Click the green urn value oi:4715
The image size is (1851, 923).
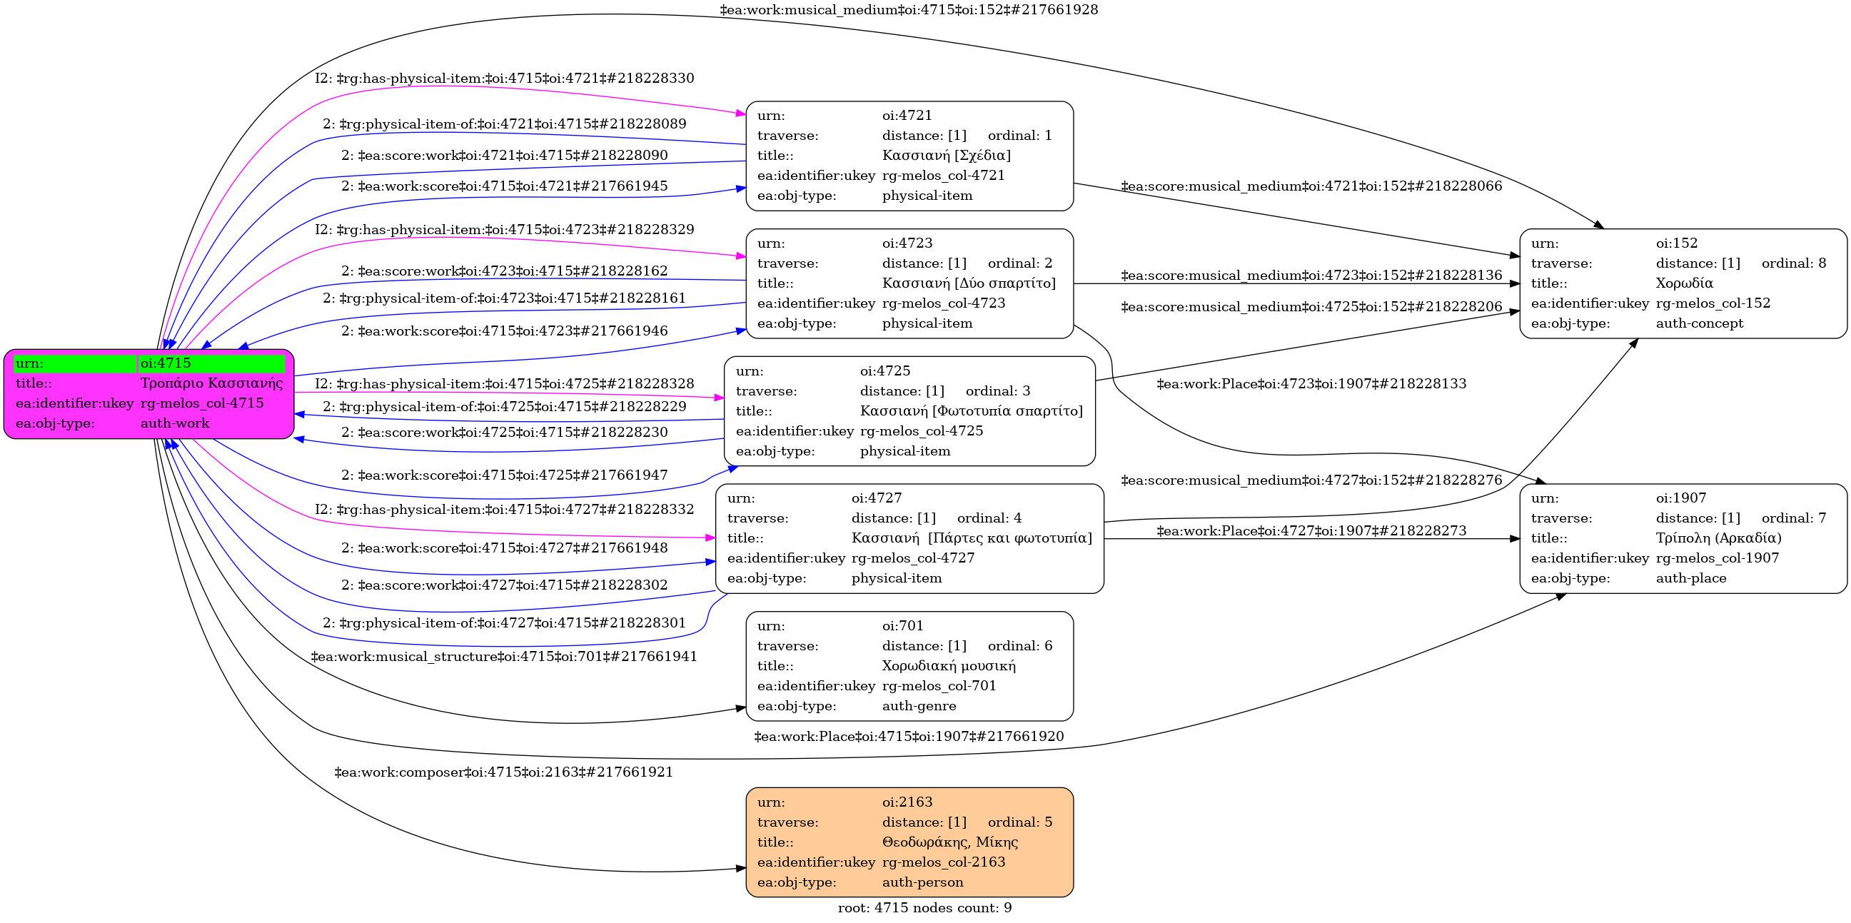pyautogui.click(x=166, y=363)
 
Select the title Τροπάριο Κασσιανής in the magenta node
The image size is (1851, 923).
pyautogui.click(x=211, y=383)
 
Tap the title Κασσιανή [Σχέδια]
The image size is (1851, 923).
pyautogui.click(x=947, y=155)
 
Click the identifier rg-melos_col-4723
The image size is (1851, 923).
pyautogui.click(x=944, y=303)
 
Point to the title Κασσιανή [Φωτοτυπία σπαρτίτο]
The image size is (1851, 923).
pyautogui.click(x=971, y=411)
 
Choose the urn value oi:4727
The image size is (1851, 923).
pyautogui.click(x=877, y=498)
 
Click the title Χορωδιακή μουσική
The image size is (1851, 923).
pyautogui.click(x=949, y=666)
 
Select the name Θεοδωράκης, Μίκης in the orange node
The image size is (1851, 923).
pyautogui.click(x=949, y=842)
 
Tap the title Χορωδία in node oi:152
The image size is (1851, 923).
pyautogui.click(x=1684, y=283)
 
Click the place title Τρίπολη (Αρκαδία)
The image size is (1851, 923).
pyautogui.click(x=1719, y=538)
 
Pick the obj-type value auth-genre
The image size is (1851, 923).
pyautogui.click(x=919, y=706)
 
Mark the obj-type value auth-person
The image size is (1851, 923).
pyautogui.click(x=922, y=882)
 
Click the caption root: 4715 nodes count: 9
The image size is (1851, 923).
pyautogui.click(x=924, y=908)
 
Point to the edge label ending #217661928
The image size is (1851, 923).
pyautogui.click(x=909, y=10)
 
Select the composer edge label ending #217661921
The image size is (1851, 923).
pyautogui.click(x=504, y=772)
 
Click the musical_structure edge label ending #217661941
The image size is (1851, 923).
pyautogui.click(x=504, y=657)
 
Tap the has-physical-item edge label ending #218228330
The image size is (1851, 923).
pyautogui.click(x=505, y=79)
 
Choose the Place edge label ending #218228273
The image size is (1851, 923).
pyautogui.click(x=1311, y=531)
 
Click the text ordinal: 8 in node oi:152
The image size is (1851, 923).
pyautogui.click(x=1793, y=263)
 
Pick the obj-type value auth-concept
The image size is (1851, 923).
pyautogui.click(x=1700, y=323)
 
